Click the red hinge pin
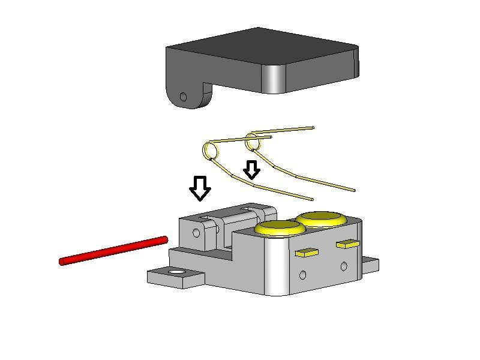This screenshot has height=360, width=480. pos(113,250)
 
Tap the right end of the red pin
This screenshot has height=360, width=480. pos(163,239)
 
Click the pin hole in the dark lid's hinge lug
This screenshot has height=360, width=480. pos(184,97)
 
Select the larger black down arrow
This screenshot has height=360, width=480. pos(200,188)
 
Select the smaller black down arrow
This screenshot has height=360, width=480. pos(251,170)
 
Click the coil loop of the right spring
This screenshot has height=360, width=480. pos(252,142)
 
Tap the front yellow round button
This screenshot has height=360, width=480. pos(279,227)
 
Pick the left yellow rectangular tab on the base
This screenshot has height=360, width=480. pos(307,253)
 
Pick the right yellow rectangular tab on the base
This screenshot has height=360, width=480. pos(347,244)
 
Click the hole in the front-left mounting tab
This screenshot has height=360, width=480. pos(176,273)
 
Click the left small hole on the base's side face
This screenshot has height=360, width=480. pos(302,275)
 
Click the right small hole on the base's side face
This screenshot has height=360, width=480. pos(344,265)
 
